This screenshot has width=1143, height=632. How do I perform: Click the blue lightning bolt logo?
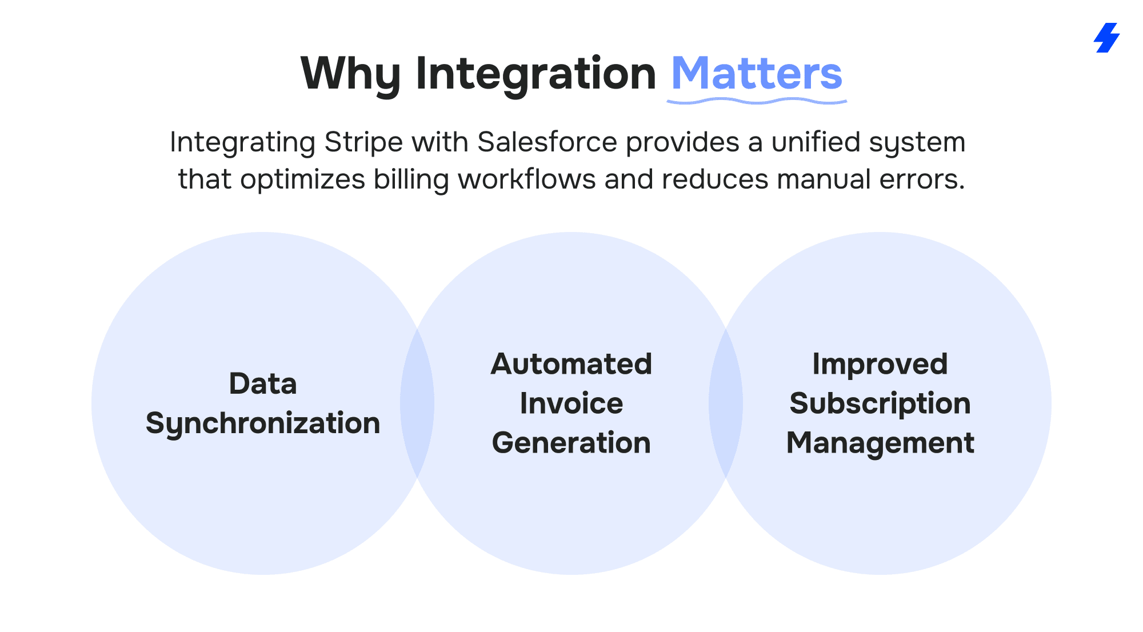1106,38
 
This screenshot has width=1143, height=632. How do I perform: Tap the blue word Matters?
756,73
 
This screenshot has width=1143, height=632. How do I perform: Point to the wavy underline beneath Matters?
757,101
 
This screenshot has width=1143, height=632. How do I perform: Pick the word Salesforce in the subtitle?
547,142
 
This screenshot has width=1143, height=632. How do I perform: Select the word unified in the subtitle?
816,142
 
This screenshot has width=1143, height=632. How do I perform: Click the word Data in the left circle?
263,383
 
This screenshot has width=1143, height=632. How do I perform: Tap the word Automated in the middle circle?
571,364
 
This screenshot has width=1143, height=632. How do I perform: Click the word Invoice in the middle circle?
571,403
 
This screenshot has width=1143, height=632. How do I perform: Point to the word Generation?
571,443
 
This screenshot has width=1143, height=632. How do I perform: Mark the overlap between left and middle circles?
417,403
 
